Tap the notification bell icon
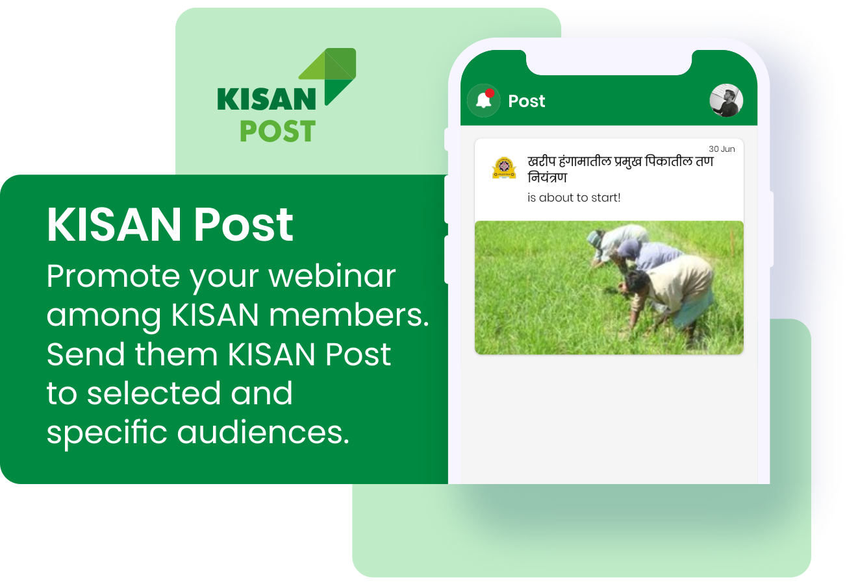483,101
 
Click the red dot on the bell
490,93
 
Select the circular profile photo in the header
726,101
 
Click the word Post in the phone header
526,101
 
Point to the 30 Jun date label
722,149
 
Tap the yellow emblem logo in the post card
504,167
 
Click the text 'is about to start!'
574,197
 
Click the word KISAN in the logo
266,99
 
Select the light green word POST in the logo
278,131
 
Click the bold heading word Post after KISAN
244,225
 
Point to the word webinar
332,276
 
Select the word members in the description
349,315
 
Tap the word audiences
263,432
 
